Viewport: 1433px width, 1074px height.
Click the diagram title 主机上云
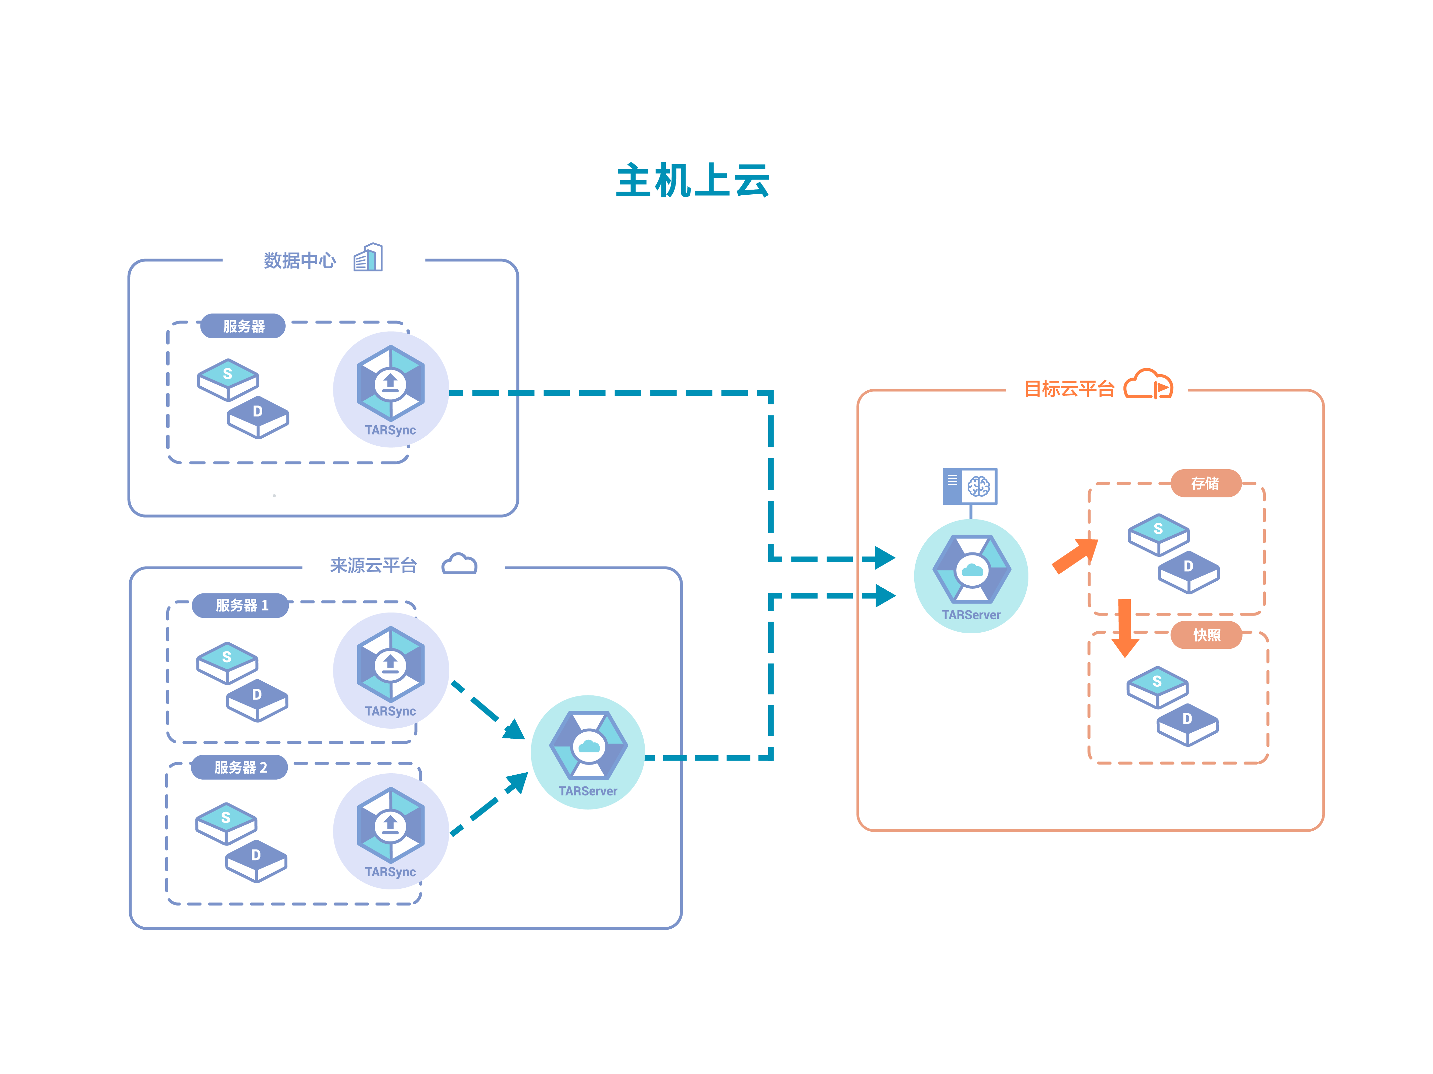(693, 180)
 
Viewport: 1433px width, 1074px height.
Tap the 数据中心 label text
(299, 260)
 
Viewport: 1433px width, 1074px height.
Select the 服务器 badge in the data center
(243, 326)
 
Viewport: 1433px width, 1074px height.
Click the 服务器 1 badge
(241, 605)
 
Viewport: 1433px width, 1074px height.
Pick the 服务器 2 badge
(240, 768)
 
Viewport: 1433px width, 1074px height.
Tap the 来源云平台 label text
(373, 566)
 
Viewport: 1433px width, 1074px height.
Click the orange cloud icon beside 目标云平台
(1148, 384)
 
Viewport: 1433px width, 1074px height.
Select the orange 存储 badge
(1205, 483)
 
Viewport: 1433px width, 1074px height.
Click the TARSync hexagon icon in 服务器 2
(390, 825)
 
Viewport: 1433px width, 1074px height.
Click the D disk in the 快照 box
(1188, 724)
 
